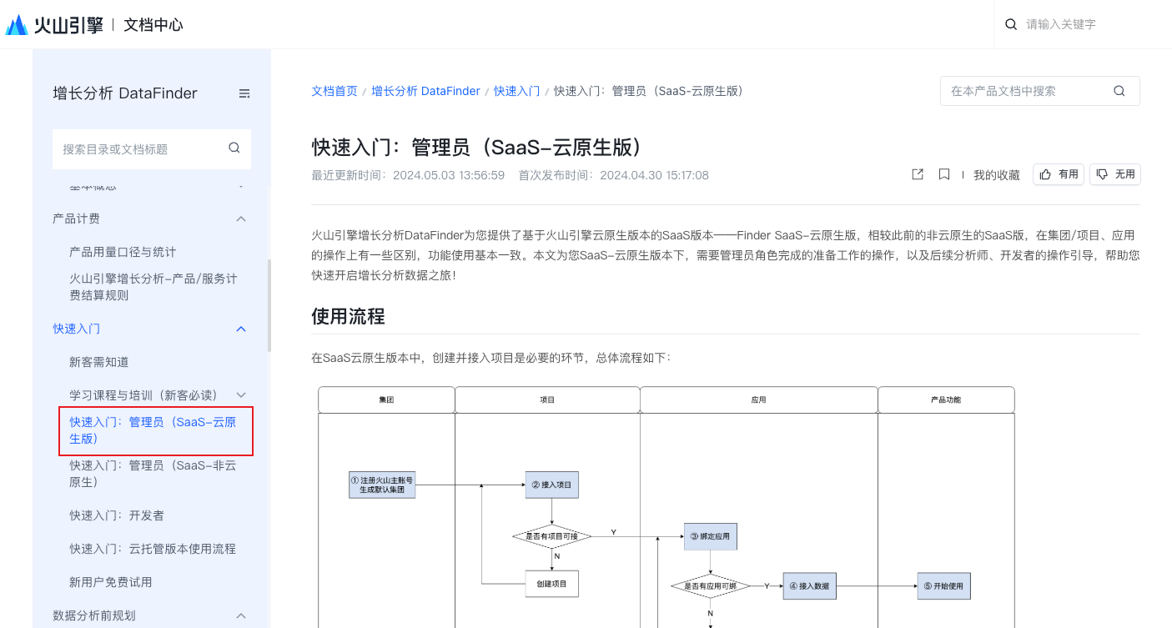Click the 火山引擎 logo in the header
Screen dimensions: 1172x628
point(54,25)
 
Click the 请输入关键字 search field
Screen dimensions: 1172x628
point(1084,25)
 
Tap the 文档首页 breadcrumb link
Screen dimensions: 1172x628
point(334,91)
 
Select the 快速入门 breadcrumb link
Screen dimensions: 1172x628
point(516,91)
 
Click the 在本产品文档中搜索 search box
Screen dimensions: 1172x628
point(1030,91)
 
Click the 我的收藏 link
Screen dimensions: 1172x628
point(996,175)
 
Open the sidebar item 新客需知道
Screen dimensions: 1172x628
point(99,362)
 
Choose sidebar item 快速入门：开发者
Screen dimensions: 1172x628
point(117,515)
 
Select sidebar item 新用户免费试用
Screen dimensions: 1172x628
point(111,582)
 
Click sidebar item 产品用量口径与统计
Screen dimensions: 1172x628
point(123,252)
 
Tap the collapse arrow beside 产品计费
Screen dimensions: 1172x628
point(241,219)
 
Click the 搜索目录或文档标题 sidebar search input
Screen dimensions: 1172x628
point(142,149)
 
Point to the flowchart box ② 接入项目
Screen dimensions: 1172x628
point(551,485)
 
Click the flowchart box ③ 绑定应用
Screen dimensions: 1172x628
point(710,536)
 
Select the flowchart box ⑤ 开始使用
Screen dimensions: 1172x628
point(943,585)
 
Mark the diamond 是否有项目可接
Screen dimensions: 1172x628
point(551,536)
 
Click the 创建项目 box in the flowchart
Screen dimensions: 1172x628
point(551,584)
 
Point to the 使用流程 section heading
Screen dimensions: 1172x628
point(348,317)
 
